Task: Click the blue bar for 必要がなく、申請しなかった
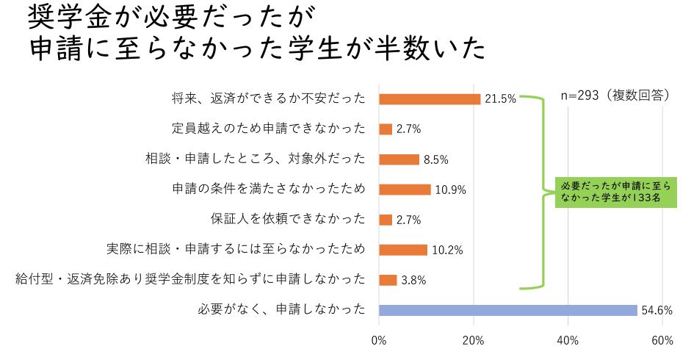tap(507, 310)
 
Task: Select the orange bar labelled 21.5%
tap(430, 99)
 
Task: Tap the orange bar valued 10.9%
tap(405, 190)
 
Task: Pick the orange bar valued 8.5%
tap(399, 159)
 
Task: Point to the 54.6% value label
tap(657, 310)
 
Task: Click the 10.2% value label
tap(447, 250)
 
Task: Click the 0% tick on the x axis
tap(379, 341)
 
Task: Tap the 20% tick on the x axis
tap(474, 341)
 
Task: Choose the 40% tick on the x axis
tap(568, 341)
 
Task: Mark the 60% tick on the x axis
tap(662, 341)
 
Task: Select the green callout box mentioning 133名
tap(615, 192)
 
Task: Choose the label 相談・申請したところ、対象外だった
tap(255, 159)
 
